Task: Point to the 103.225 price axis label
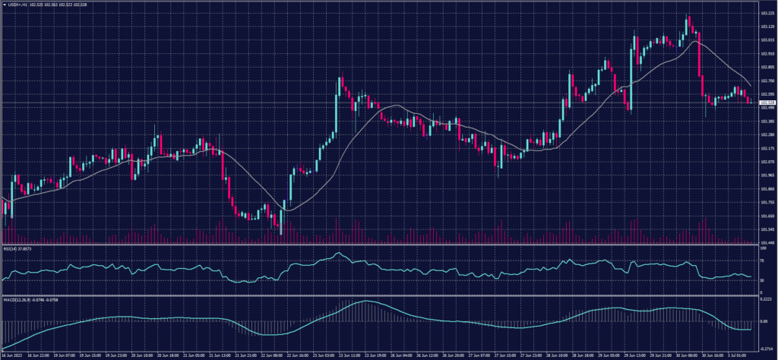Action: click(767, 13)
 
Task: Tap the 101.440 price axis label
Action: click(767, 241)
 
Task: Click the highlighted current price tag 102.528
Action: click(767, 102)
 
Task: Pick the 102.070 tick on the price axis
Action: click(767, 161)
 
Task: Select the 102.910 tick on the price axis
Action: click(767, 54)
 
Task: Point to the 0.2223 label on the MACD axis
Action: click(766, 299)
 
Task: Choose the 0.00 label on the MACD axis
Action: click(764, 321)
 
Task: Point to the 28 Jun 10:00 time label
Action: click(566, 354)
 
